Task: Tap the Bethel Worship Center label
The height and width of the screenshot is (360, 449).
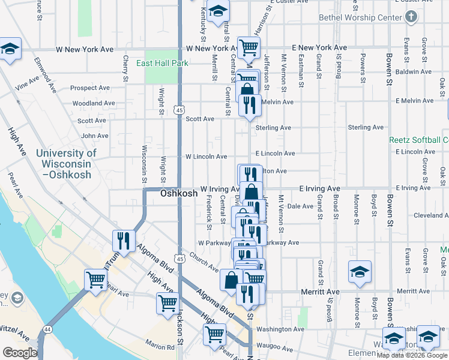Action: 360,17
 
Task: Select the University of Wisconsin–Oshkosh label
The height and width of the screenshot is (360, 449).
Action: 66,164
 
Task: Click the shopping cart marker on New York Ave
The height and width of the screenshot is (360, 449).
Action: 248,46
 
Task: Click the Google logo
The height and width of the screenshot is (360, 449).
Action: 19,353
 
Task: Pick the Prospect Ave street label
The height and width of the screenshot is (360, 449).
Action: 89,88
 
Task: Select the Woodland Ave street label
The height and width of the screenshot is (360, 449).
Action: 94,103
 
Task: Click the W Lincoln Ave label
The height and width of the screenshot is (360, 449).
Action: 206,157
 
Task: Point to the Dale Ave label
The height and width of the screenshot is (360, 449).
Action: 300,206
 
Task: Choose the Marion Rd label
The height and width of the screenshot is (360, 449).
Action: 158,346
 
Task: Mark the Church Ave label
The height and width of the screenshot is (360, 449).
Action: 204,262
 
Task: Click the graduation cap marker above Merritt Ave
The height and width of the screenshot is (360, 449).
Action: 360,272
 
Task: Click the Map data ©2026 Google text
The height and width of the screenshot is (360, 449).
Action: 412,355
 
